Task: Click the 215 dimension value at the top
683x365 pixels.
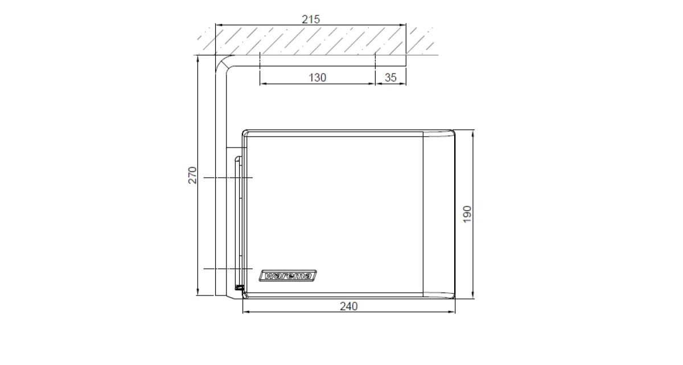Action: (x=311, y=19)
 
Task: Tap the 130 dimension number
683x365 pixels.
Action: (x=318, y=78)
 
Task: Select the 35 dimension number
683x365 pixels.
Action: (x=390, y=78)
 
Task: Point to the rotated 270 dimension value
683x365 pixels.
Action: (x=192, y=175)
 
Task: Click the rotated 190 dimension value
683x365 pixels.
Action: (x=467, y=214)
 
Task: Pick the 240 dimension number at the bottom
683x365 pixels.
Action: (x=348, y=306)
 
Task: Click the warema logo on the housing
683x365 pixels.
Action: (x=287, y=276)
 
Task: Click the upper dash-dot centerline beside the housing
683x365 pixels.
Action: (x=228, y=178)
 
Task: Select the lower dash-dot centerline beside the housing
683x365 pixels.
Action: (x=228, y=269)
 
